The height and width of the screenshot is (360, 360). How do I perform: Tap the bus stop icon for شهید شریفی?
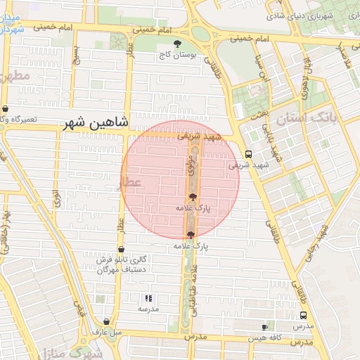(x=247, y=155)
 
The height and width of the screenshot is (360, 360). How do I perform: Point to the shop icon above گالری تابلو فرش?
(x=122, y=249)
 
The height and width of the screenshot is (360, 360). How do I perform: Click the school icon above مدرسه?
(x=148, y=299)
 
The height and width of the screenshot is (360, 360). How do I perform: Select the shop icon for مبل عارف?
(x=106, y=321)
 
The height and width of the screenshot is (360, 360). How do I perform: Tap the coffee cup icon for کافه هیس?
(x=265, y=327)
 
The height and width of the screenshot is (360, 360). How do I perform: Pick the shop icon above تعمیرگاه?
(x=6, y=109)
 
